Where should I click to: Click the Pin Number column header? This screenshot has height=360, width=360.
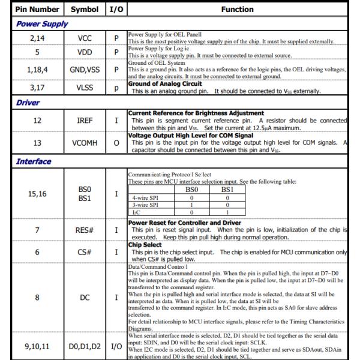point(37,10)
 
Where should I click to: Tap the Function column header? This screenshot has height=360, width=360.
point(237,10)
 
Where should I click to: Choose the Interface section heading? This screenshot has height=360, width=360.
point(34,161)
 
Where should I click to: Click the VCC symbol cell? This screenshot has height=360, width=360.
point(85,37)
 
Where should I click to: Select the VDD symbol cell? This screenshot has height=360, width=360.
point(85,52)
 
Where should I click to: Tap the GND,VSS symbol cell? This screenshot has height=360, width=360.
point(85,68)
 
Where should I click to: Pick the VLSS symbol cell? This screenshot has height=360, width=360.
point(85,88)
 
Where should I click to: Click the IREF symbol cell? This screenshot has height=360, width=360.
point(85,121)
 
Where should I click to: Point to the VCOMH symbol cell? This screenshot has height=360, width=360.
point(85,143)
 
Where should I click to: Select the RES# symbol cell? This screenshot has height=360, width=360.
point(85,230)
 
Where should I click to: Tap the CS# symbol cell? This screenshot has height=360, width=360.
point(85,252)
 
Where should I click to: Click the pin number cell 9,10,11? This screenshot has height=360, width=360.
point(37,346)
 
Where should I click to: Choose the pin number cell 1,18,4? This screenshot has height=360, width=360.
point(37,68)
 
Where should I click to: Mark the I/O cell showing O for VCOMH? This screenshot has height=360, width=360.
point(116,143)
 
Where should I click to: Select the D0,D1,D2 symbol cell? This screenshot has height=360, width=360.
point(85,346)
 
